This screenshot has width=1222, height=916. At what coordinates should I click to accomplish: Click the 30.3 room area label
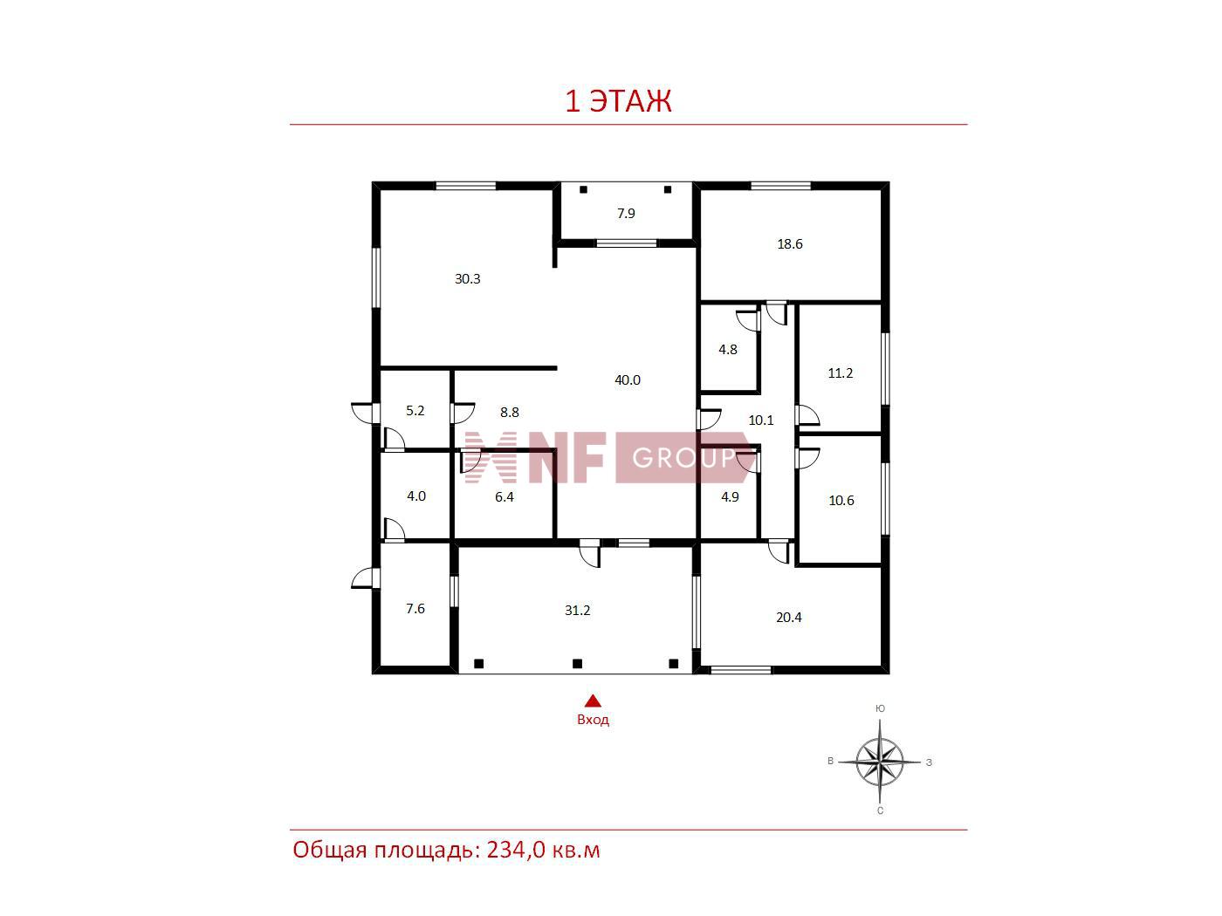pos(467,278)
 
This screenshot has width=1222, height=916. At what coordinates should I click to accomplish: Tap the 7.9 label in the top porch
pos(626,213)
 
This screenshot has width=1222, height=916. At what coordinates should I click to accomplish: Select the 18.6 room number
pos(789,243)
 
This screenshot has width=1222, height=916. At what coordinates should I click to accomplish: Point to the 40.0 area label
pos(627,379)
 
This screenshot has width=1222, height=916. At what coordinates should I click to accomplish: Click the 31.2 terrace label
pos(577,610)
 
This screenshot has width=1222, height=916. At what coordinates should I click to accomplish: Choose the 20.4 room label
pos(788,617)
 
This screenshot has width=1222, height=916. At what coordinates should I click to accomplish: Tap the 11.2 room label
pos(840,373)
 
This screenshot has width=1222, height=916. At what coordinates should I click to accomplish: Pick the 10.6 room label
pos(841,500)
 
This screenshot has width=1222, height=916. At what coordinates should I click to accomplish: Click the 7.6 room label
pos(415,608)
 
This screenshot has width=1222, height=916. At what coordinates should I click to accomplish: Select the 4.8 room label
pos(728,349)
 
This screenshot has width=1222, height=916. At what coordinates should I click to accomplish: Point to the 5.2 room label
pos(415,410)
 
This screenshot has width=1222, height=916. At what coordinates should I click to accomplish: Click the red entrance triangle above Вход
pos(593,701)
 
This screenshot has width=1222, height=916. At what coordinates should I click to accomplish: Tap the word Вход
pos(593,720)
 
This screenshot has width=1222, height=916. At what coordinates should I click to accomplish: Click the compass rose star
pos(879,762)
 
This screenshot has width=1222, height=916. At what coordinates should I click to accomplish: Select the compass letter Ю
pos(880,708)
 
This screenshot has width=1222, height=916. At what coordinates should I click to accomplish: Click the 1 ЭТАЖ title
pos(618,100)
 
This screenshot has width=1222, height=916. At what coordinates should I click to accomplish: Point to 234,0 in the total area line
pos(516,850)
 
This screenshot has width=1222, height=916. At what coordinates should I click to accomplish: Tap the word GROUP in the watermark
pos(683,458)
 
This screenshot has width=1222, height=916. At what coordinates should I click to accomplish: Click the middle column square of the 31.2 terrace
pos(577,663)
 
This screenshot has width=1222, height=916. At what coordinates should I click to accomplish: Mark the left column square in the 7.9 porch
pos(583,189)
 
